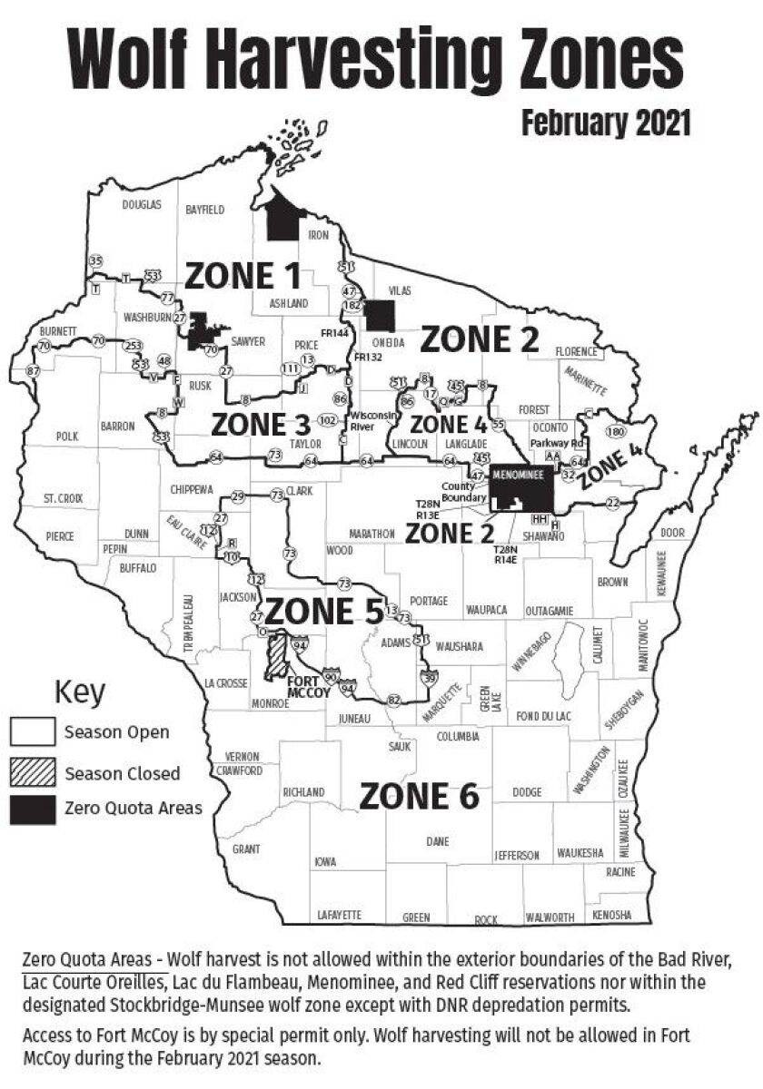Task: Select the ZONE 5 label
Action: click(322, 612)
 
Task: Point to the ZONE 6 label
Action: click(419, 796)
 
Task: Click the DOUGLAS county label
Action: click(142, 205)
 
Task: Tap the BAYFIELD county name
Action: click(204, 209)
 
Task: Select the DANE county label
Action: click(438, 841)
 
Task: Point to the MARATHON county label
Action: click(372, 533)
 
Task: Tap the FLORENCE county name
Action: click(577, 351)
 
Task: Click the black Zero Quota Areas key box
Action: click(34, 808)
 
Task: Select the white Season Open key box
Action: click(34, 731)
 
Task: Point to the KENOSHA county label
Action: click(611, 915)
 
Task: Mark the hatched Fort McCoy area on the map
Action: click(278, 655)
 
